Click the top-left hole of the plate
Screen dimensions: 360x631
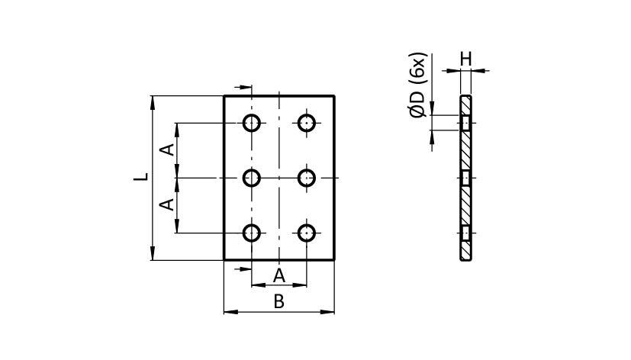pos(253,123)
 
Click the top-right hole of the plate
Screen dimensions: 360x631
pos(307,123)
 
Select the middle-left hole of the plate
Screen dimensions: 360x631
pos(253,178)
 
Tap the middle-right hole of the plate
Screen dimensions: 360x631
pos(307,178)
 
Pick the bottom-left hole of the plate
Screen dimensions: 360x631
pos(253,233)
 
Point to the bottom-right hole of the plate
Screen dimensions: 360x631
pos(307,233)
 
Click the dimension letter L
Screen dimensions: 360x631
pos(140,177)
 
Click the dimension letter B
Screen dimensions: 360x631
pos(278,302)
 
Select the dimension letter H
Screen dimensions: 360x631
pos(465,58)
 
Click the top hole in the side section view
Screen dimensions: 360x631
pos(465,123)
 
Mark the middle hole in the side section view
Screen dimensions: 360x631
pos(465,178)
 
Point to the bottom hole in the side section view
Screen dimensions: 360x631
pos(465,233)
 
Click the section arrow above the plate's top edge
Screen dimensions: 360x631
pos(244,88)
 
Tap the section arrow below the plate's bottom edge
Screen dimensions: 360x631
pos(244,268)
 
